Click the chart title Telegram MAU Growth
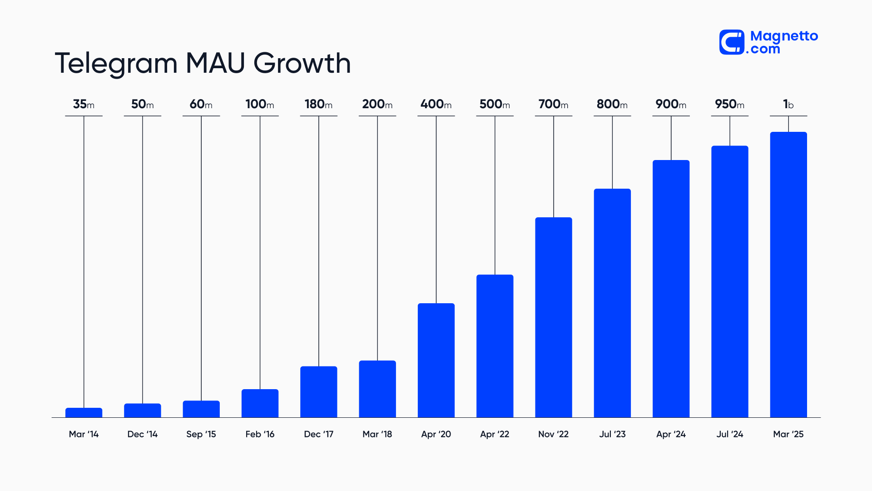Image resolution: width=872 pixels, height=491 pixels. pos(203,63)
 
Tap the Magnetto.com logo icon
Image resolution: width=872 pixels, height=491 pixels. pos(732,42)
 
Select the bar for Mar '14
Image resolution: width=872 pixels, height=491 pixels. pos(84,413)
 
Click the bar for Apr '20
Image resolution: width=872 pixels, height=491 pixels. pos(436,360)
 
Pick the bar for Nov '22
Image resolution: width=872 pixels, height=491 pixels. pos(553,317)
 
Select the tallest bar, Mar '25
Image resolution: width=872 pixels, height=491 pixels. pos(788,275)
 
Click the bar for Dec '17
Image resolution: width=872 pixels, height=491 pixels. pos(319,392)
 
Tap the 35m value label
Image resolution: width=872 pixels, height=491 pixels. pos(84,104)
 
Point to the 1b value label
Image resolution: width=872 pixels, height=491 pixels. pos(788,104)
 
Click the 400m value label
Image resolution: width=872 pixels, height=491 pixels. pos(436,104)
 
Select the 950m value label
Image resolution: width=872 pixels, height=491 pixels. pos(729,104)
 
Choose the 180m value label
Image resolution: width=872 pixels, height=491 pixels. pos(318,104)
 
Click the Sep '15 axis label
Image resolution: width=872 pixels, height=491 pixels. pos(201,434)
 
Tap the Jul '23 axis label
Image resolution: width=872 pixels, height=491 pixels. pos(612,434)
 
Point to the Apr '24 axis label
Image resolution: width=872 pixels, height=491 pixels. pos(671,434)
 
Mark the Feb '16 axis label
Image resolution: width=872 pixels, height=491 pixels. pos(260,434)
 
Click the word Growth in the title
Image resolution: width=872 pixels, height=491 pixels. pos(302,63)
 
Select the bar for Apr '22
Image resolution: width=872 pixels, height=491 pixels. pos(495,346)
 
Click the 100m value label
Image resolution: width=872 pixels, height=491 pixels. pos(260,104)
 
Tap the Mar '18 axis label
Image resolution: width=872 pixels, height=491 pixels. pos(377,434)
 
